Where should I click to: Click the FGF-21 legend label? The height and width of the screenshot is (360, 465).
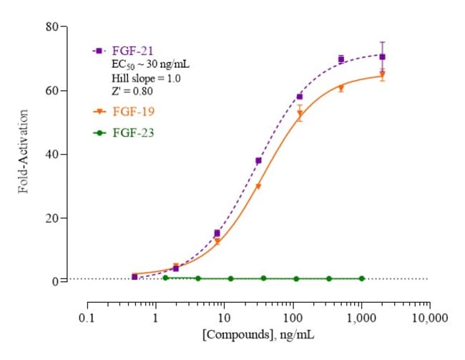136,51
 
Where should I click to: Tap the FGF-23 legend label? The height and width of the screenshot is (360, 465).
136,132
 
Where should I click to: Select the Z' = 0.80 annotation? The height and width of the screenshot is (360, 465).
132,91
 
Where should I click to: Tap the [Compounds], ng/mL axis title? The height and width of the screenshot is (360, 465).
259,334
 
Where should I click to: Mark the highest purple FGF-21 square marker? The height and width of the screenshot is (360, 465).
382,57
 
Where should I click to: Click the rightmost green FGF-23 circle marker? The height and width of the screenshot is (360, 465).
361,278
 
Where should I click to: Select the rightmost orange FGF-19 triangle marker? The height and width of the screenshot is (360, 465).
382,74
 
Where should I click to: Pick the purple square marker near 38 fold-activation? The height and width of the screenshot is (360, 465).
258,160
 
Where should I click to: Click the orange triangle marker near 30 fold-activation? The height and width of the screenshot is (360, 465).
258,187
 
